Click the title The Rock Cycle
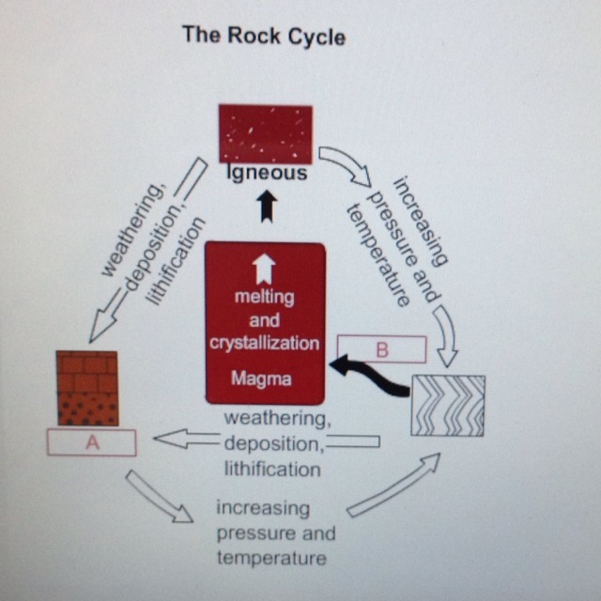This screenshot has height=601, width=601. (264, 37)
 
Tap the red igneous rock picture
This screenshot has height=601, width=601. (265, 133)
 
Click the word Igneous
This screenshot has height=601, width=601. (266, 174)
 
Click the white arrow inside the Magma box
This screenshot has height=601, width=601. (266, 270)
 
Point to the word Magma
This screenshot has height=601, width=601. (265, 380)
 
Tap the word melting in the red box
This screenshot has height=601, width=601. (265, 298)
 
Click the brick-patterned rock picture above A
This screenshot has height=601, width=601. (87, 388)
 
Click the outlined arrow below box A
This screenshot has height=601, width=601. (159, 495)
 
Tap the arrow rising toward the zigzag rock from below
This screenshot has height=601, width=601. (393, 485)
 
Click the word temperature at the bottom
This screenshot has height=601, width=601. (271, 558)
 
